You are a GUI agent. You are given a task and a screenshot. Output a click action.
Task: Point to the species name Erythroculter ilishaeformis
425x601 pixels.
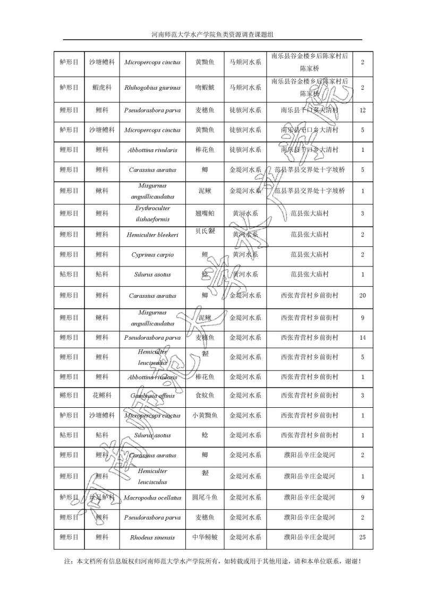(152, 213)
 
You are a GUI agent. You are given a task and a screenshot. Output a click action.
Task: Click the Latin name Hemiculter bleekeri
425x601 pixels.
(152, 234)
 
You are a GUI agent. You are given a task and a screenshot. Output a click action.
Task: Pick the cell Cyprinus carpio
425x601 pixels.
(152, 255)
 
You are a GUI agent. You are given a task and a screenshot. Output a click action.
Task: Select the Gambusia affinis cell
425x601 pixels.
(152, 396)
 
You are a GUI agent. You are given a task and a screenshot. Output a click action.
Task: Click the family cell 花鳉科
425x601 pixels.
(102, 396)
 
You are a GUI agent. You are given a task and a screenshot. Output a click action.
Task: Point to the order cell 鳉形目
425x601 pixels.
(69, 396)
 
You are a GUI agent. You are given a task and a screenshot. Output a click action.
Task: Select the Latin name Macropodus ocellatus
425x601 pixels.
(152, 498)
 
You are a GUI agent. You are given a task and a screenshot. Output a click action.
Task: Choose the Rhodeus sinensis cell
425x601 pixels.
(152, 538)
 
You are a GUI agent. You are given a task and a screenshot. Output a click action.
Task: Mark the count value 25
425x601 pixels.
(362, 538)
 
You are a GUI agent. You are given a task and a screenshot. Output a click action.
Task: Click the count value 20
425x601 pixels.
(362, 296)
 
